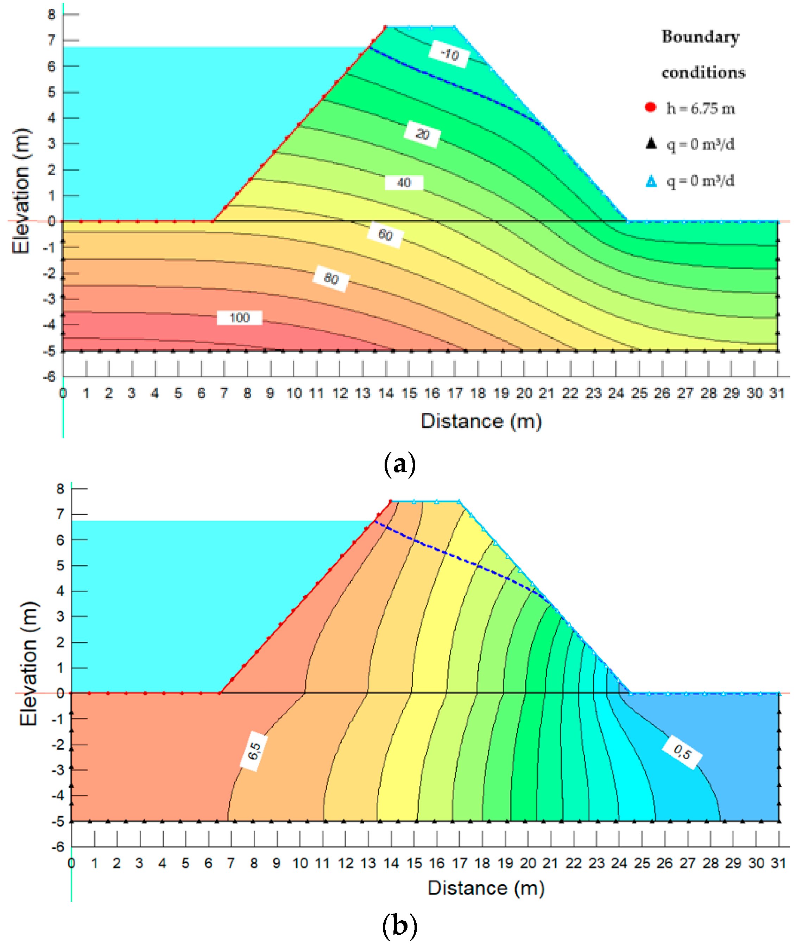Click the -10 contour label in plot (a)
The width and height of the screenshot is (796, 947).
tap(449, 54)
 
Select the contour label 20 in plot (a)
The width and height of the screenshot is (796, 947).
tap(422, 134)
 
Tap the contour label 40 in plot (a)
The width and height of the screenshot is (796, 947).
tap(404, 183)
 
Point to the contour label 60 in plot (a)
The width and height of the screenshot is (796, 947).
tap(385, 235)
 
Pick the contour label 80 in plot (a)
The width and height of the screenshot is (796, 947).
tap(331, 278)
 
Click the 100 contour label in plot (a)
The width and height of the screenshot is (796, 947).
tap(240, 318)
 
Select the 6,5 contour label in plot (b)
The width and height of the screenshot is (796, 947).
tap(254, 751)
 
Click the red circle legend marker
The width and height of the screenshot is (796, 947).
tap(650, 107)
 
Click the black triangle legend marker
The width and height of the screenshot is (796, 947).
tap(651, 144)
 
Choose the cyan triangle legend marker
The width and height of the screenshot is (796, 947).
tap(651, 181)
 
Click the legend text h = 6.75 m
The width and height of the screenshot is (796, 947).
tap(701, 108)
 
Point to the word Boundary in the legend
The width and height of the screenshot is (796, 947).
tap(700, 37)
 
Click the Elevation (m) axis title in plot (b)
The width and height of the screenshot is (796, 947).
tap(29, 664)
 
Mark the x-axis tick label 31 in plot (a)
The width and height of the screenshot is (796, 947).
tap(777, 394)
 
